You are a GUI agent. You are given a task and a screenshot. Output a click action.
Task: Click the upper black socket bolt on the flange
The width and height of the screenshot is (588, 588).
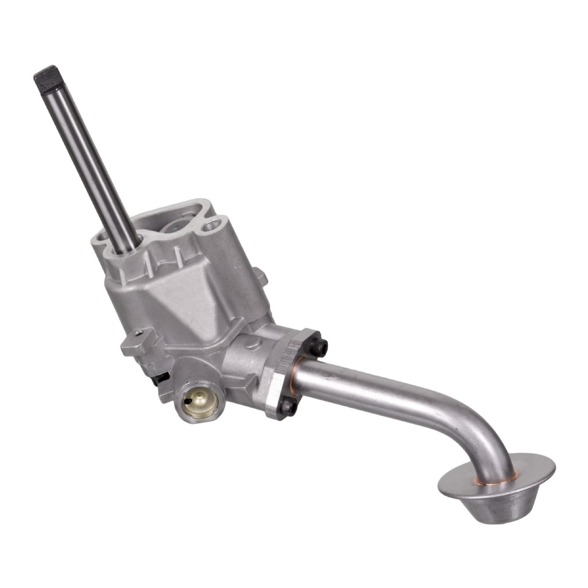(x=322, y=345)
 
